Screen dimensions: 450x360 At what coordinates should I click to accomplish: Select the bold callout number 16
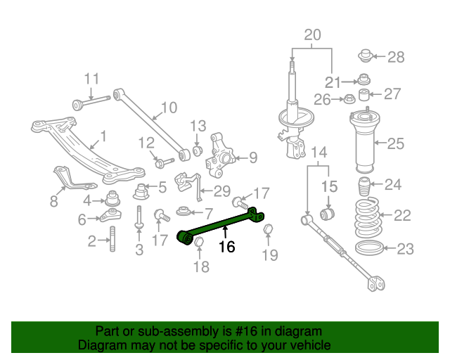point(226,247)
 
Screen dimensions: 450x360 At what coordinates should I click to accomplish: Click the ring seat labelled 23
point(369,248)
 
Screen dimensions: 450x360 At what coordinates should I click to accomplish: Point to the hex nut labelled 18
point(199,242)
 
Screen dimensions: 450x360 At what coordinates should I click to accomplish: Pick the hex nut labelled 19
point(268,229)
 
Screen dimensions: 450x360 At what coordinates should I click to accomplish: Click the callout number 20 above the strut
point(312,34)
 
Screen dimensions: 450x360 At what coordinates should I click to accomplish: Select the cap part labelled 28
point(366,56)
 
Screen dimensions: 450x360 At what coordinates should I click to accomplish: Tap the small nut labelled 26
point(349,98)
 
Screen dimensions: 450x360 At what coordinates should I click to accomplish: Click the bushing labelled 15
point(327,214)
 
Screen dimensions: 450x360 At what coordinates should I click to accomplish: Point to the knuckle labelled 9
point(220,155)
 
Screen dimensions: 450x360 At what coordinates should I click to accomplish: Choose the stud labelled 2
point(112,239)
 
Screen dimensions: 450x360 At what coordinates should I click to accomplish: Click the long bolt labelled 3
point(139,217)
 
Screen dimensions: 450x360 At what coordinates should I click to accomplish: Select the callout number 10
point(169,108)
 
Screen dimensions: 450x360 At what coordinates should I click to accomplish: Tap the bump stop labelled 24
point(364,186)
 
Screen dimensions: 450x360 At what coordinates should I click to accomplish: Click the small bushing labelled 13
point(197,151)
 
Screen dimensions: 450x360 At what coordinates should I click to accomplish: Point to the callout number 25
point(396,143)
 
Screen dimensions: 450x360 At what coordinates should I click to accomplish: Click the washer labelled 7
point(183,212)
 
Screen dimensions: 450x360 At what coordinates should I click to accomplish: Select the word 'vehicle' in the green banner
point(312,345)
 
